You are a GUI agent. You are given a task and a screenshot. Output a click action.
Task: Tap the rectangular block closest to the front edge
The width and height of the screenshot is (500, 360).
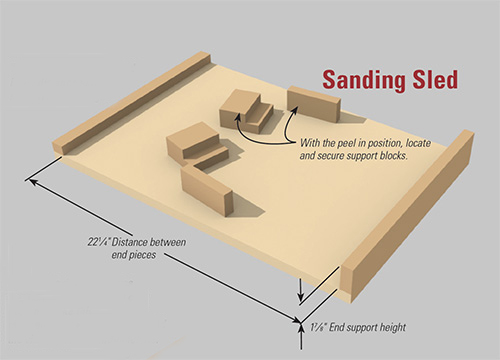tap(207, 189)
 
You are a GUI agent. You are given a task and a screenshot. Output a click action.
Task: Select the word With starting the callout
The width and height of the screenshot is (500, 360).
tap(310, 143)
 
